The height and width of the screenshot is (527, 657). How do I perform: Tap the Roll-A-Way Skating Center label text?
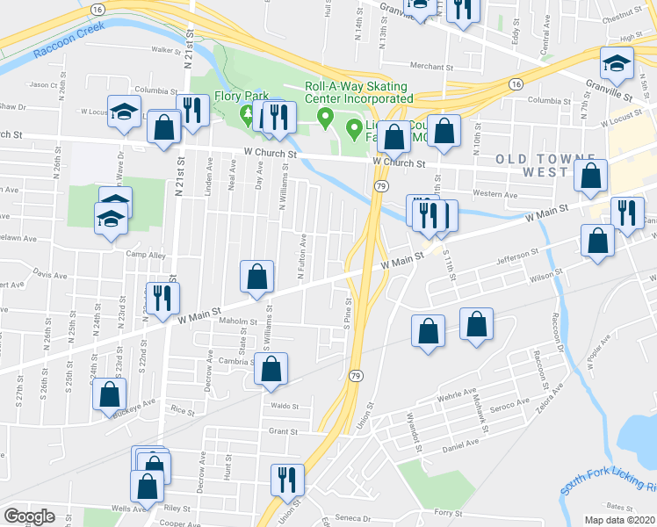point(356,92)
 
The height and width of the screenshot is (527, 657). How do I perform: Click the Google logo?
point(30,516)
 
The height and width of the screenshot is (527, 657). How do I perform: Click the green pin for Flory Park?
point(248,113)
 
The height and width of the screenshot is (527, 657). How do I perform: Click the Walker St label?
point(165,50)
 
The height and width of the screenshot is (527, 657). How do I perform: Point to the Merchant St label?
point(431,66)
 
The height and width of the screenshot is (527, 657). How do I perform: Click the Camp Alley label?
point(145,255)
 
